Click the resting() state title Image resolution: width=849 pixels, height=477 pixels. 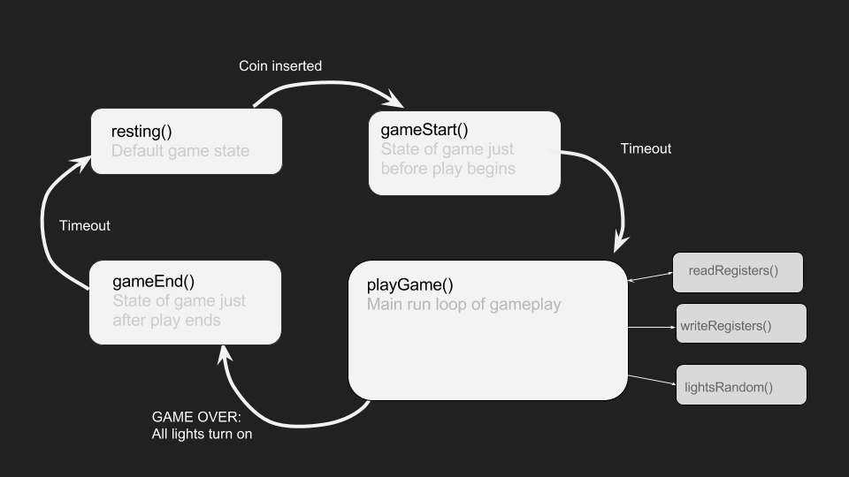pyautogui.click(x=141, y=132)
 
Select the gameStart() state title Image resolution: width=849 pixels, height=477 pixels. pyautogui.click(x=424, y=130)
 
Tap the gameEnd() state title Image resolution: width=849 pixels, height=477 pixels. pyautogui.click(x=153, y=281)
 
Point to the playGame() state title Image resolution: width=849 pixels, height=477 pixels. pyautogui.click(x=409, y=285)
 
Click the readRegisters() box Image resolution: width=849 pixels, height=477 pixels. pyautogui.click(x=738, y=273)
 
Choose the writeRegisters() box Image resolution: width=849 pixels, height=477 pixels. pyautogui.click(x=741, y=323)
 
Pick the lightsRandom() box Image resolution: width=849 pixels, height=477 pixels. pyautogui.click(x=741, y=384)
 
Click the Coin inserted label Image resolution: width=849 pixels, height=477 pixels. pyautogui.click(x=280, y=66)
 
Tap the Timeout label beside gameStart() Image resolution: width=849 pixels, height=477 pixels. pyautogui.click(x=646, y=148)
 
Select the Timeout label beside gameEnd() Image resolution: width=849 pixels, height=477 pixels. pyautogui.click(x=85, y=225)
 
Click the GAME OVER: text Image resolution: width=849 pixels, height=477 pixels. pyautogui.click(x=196, y=417)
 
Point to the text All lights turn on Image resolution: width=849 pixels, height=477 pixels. pyautogui.click(x=202, y=435)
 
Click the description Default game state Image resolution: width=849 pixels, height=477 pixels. pyautogui.click(x=180, y=151)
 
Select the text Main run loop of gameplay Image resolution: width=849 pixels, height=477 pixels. pyautogui.click(x=464, y=305)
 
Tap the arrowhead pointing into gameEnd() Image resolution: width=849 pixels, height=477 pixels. pyautogui.click(x=225, y=355)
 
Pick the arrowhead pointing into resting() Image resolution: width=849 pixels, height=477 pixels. pyautogui.click(x=81, y=163)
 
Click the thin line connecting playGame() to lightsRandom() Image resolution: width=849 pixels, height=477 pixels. pyautogui.click(x=652, y=380)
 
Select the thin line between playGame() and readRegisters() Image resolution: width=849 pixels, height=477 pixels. pyautogui.click(x=650, y=276)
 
